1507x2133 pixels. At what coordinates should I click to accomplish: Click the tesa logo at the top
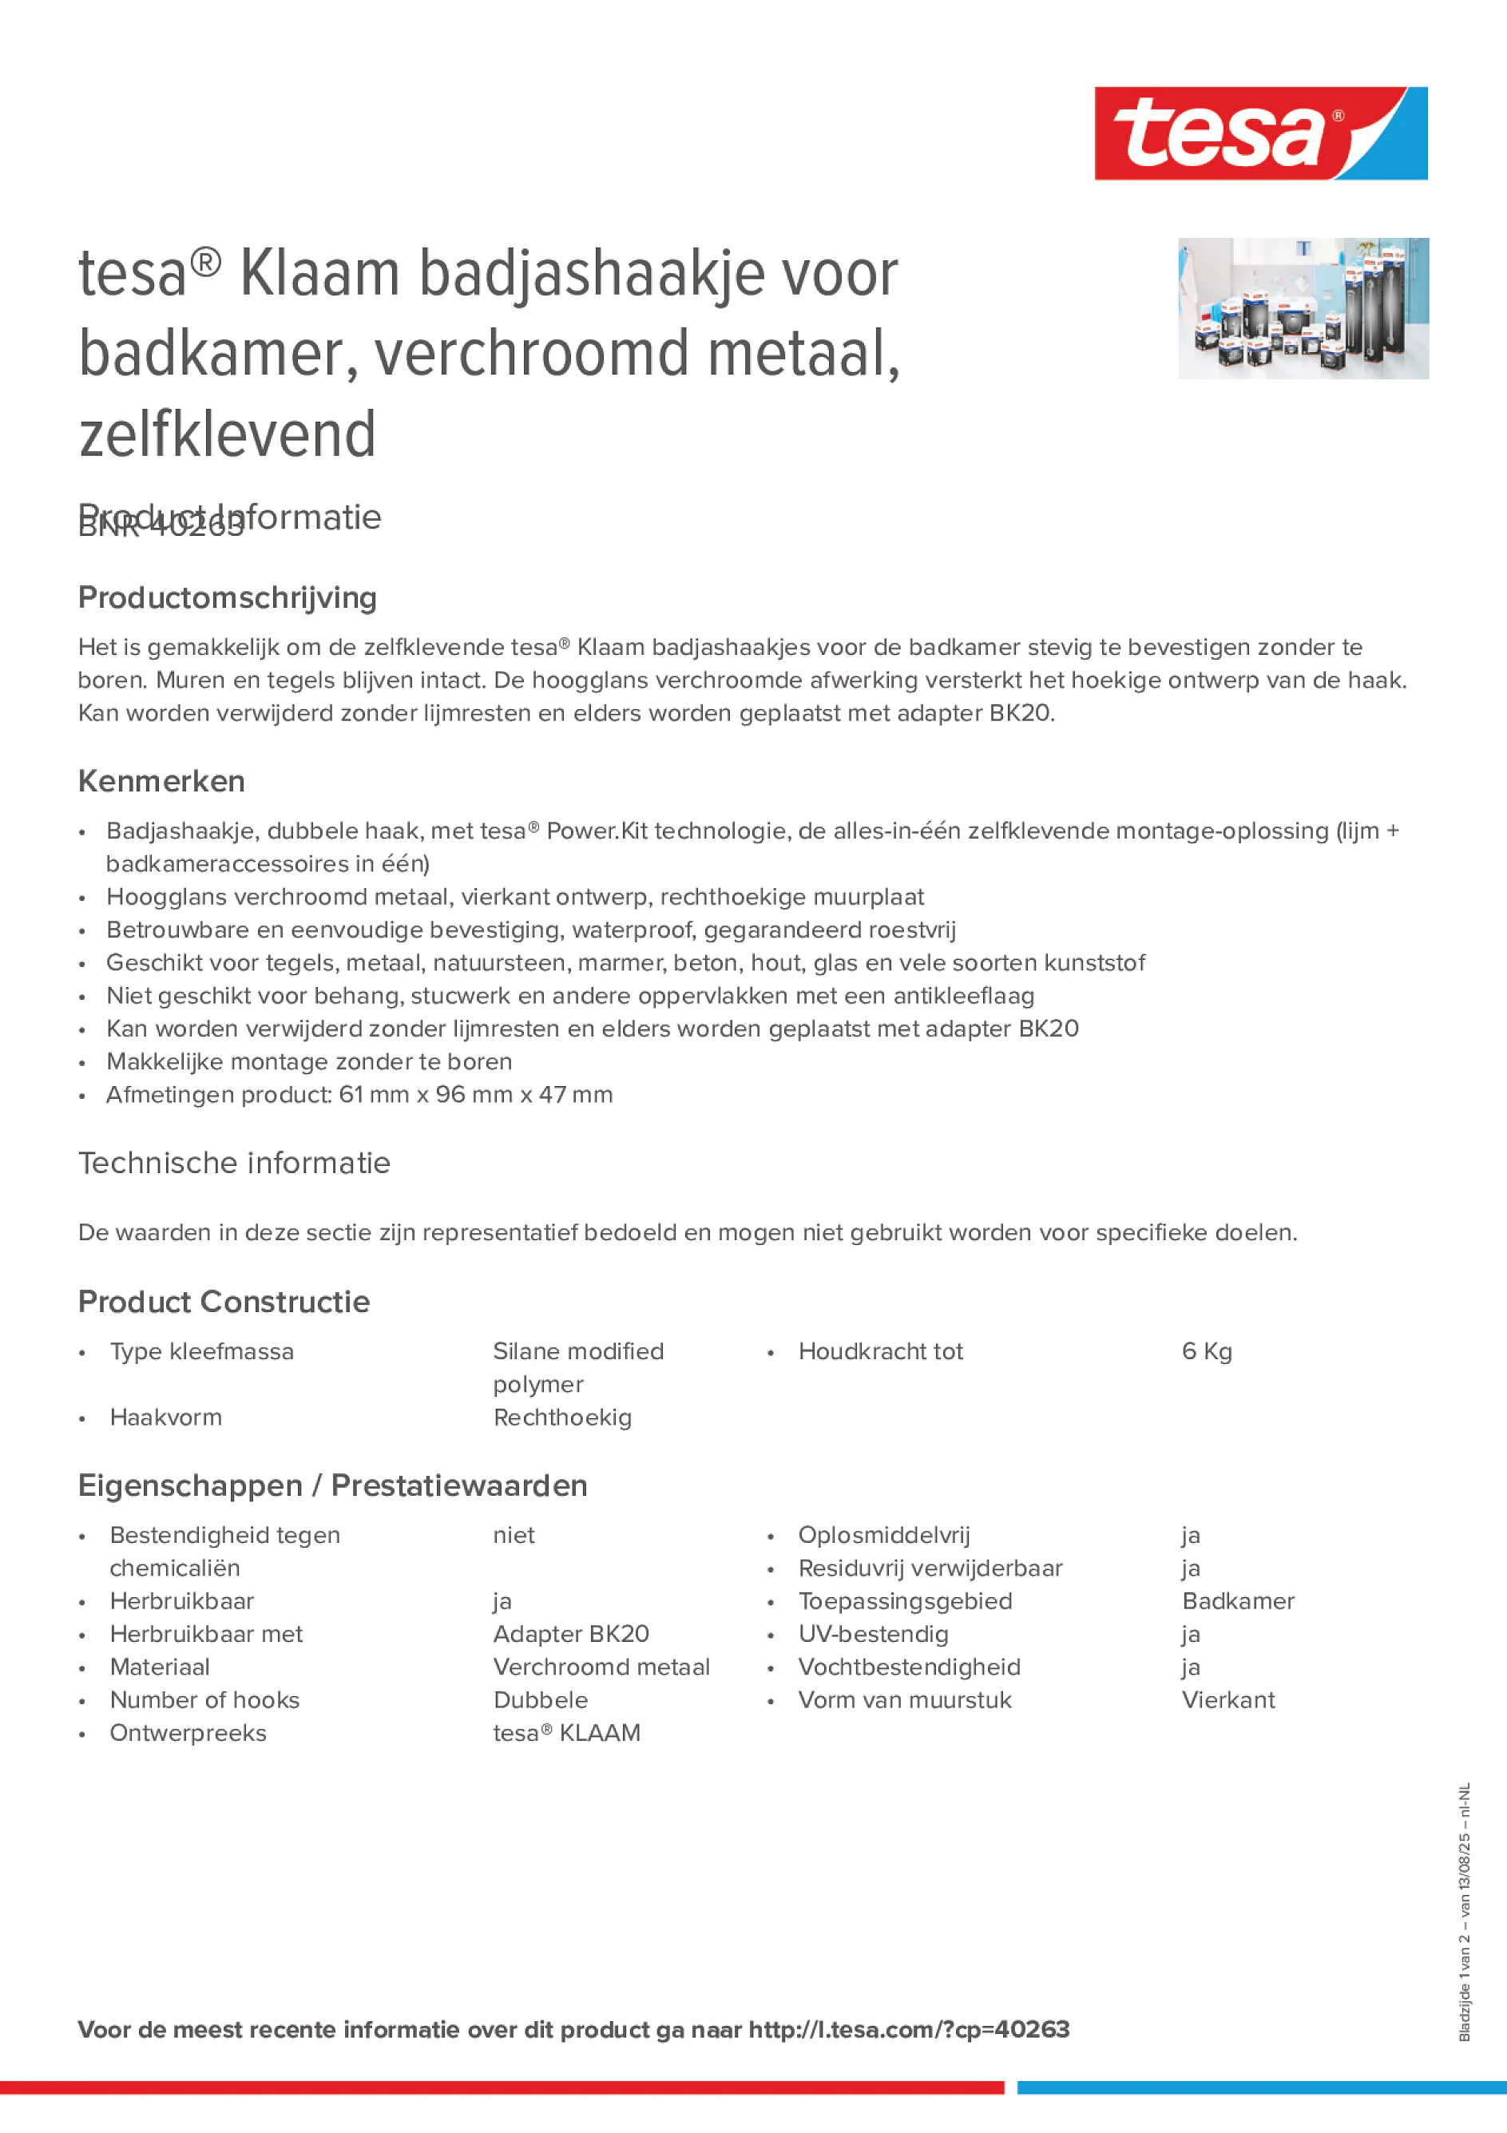click(x=1260, y=133)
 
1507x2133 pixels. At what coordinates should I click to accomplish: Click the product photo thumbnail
click(x=1303, y=307)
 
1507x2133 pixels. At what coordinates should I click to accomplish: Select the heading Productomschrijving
click(x=227, y=597)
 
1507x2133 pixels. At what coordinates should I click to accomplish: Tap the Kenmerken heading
click(x=161, y=780)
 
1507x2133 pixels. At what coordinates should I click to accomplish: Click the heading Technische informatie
click(x=234, y=1162)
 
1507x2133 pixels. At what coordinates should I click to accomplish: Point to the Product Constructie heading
click(x=224, y=1302)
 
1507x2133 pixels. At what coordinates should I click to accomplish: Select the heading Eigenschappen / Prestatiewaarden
click(x=332, y=1485)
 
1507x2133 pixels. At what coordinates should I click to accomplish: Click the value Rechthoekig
click(x=562, y=1417)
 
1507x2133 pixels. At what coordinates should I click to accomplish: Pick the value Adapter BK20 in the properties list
click(x=570, y=1633)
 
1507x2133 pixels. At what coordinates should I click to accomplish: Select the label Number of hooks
click(x=204, y=1699)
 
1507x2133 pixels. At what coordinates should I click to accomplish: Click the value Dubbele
click(x=540, y=1699)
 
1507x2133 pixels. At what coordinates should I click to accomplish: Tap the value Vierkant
click(x=1227, y=1699)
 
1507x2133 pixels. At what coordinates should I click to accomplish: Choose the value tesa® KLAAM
click(x=565, y=1733)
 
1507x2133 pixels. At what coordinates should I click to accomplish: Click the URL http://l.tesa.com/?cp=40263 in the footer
click(x=909, y=2029)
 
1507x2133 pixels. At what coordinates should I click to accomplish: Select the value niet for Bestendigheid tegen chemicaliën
click(x=513, y=1535)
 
